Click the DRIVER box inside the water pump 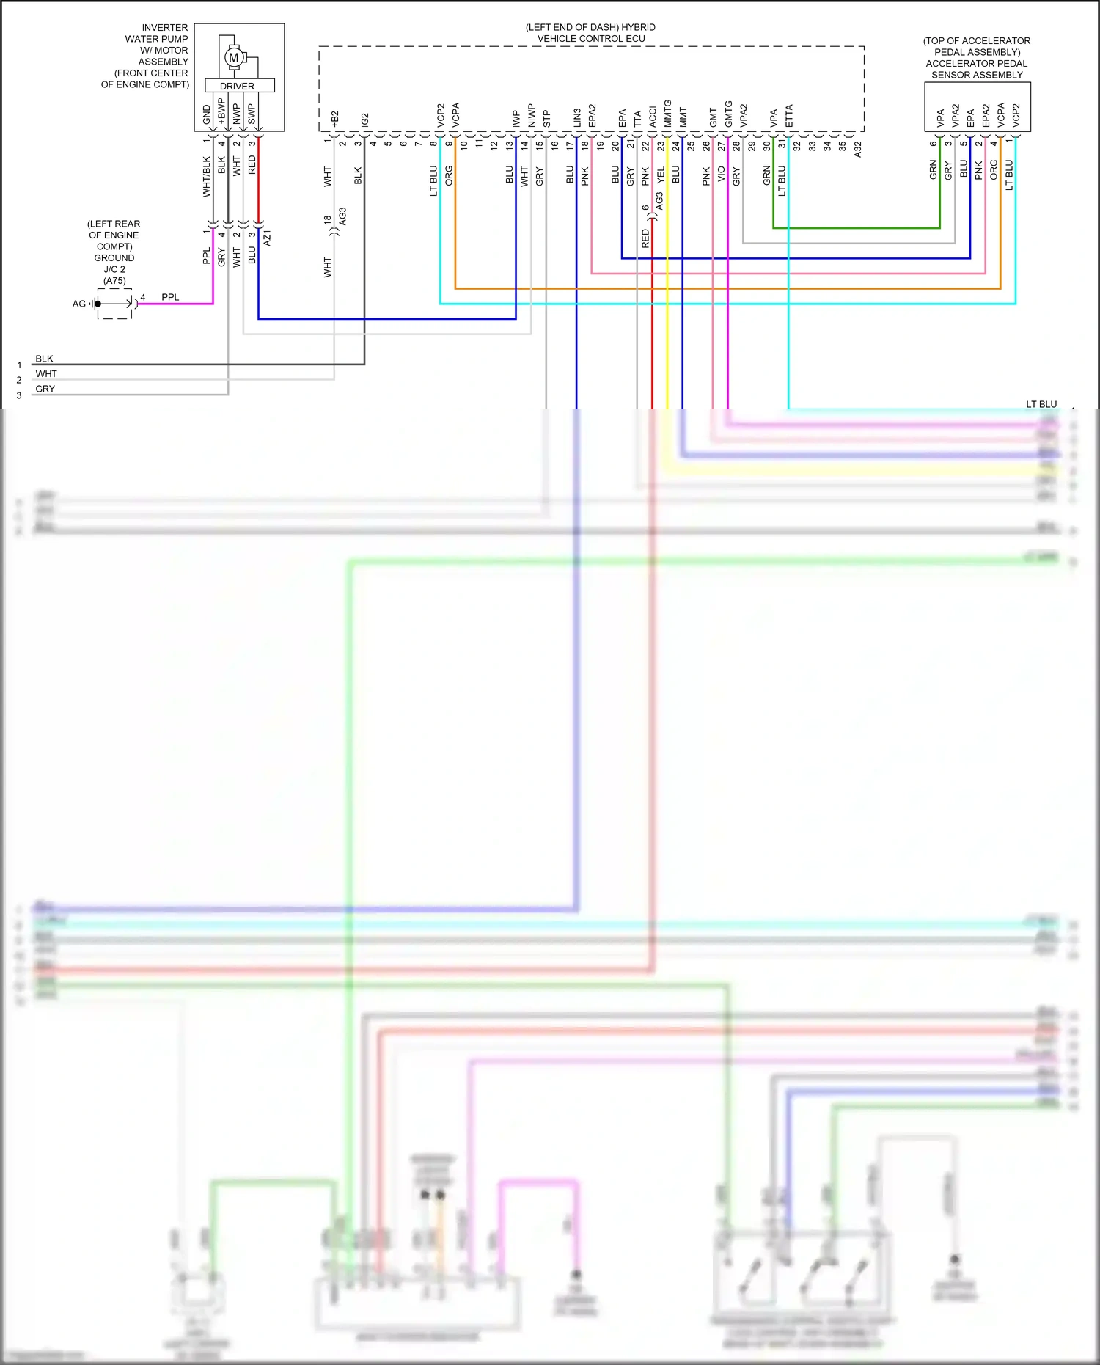238,86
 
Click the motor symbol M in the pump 234,57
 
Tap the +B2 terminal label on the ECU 335,120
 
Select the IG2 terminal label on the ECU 365,120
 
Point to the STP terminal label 546,119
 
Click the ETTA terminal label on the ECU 789,116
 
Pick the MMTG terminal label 667,114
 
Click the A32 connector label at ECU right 858,150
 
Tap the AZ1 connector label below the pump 268,238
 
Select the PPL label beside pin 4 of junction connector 170,297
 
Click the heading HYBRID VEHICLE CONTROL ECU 591,33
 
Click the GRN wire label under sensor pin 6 934,170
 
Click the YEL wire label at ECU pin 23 661,175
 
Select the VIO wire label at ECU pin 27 722,175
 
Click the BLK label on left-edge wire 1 44,359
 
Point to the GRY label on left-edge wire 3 45,389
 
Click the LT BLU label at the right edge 1041,404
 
